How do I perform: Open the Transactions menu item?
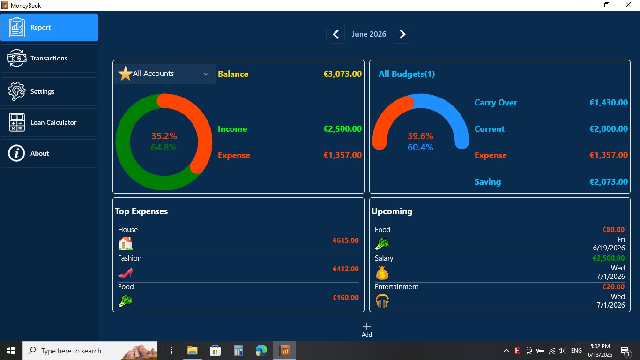coord(49,58)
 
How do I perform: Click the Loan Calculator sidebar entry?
coord(49,122)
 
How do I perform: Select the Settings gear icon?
coord(16,91)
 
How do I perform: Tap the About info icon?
coord(16,153)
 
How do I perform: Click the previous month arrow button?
coord(336,34)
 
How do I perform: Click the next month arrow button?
coord(402,34)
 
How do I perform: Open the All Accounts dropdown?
coord(164,74)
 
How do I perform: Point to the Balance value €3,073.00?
coord(342,74)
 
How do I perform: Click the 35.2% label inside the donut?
coord(164,136)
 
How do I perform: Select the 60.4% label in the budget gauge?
coord(420,147)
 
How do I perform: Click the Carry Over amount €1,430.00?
coord(609,103)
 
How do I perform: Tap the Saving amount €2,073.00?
coord(609,182)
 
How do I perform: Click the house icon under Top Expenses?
coord(126,243)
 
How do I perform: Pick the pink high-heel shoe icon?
coord(126,272)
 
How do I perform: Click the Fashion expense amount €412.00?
coord(346,269)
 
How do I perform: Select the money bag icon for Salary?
coord(382,272)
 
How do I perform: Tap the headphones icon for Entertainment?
coord(382,301)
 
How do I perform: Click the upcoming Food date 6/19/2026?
coord(609,248)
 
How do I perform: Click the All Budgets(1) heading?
coord(407,74)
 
